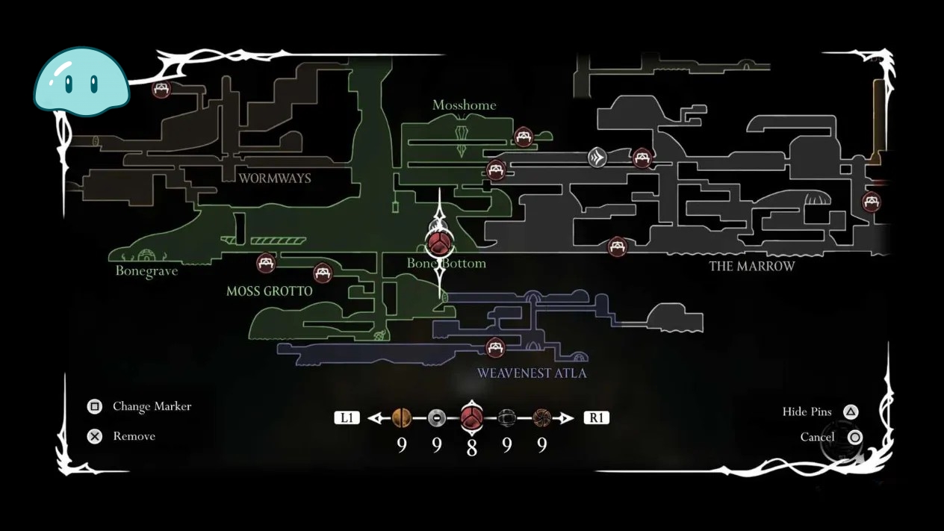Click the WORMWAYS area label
click(275, 178)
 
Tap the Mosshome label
click(465, 105)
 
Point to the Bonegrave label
click(146, 271)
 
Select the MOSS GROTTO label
click(270, 291)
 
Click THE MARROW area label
click(752, 267)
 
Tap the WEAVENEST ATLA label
click(532, 373)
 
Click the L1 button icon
click(347, 418)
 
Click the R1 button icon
click(596, 418)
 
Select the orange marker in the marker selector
click(401, 417)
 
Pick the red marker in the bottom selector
click(471, 417)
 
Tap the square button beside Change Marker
click(94, 406)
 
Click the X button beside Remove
click(94, 436)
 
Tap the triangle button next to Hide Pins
click(851, 412)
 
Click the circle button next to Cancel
click(854, 438)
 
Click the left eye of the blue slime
click(69, 84)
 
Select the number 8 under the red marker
click(471, 447)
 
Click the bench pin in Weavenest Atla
click(495, 348)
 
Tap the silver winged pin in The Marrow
click(597, 158)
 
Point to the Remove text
click(134, 436)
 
